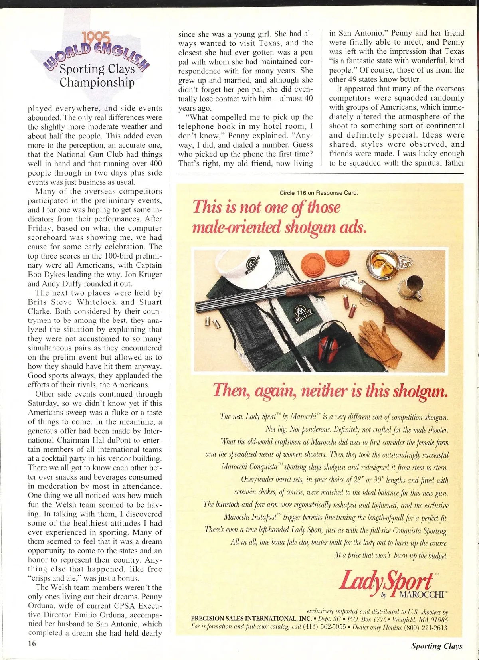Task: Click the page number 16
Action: tap(32, 643)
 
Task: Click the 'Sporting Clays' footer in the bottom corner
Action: tap(436, 646)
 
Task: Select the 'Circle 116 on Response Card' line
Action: tap(319, 193)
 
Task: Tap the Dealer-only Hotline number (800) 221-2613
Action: tap(426, 628)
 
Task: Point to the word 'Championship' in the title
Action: tap(97, 83)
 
